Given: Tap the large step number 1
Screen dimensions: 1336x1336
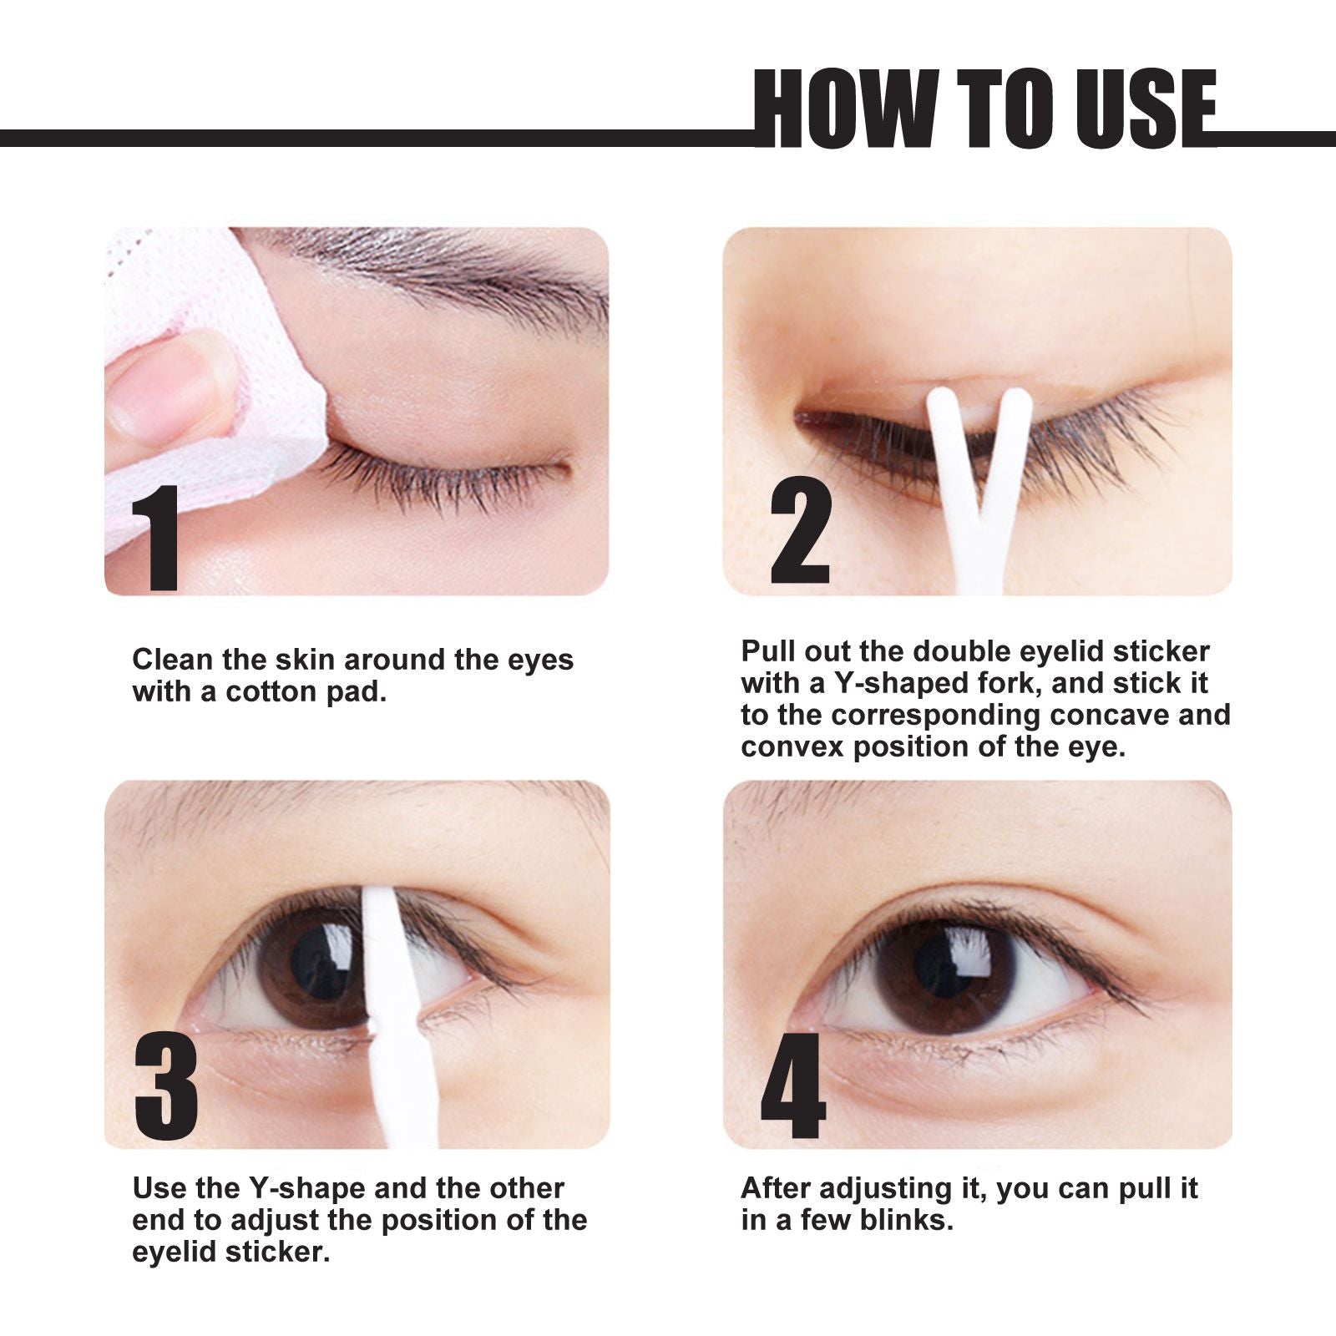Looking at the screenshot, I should coord(157,538).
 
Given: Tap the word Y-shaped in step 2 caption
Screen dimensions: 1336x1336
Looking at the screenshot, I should coord(898,683).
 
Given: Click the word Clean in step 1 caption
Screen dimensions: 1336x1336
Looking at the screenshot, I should coord(173,660).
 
